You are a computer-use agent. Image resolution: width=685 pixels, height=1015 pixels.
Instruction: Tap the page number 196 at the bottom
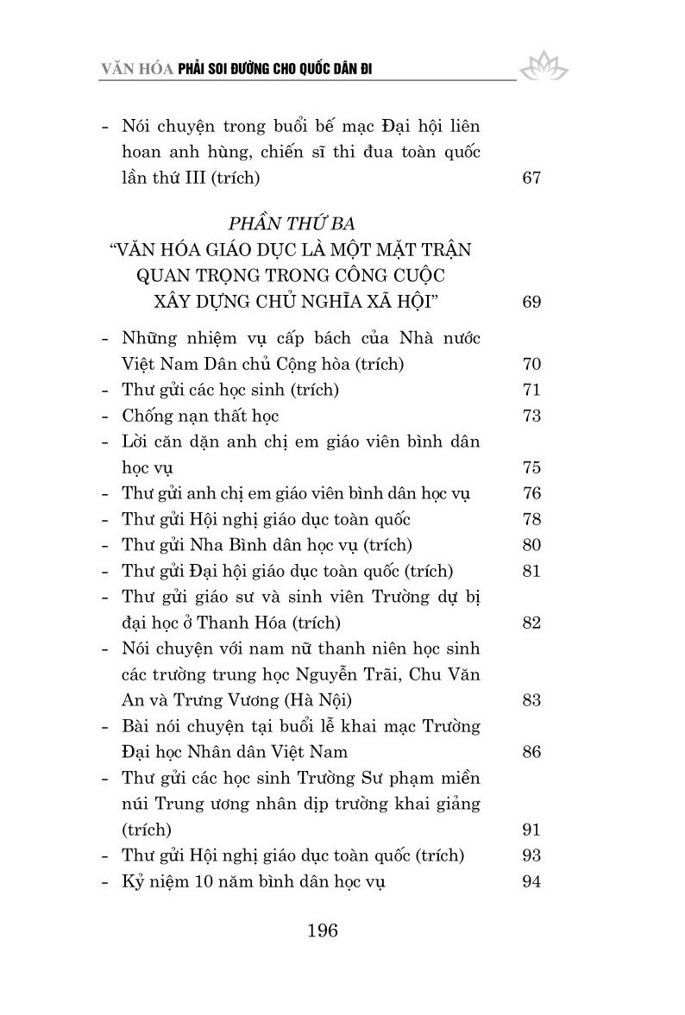321,930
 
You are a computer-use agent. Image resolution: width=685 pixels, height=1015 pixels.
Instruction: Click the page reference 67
531,179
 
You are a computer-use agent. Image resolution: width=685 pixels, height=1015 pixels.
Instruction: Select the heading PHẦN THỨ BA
292,227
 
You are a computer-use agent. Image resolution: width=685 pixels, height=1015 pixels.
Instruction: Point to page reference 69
531,302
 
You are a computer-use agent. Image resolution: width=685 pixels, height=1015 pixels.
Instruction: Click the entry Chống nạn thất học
201,416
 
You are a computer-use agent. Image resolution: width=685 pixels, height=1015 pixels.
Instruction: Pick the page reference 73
531,416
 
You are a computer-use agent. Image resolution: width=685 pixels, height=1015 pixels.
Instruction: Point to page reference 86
531,752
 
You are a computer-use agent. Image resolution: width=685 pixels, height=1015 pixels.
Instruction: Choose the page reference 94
531,881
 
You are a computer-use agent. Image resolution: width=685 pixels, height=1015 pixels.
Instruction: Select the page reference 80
531,545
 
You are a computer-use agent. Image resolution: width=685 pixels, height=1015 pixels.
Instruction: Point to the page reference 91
531,830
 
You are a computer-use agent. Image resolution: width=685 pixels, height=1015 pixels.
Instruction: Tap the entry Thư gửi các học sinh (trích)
230,390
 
